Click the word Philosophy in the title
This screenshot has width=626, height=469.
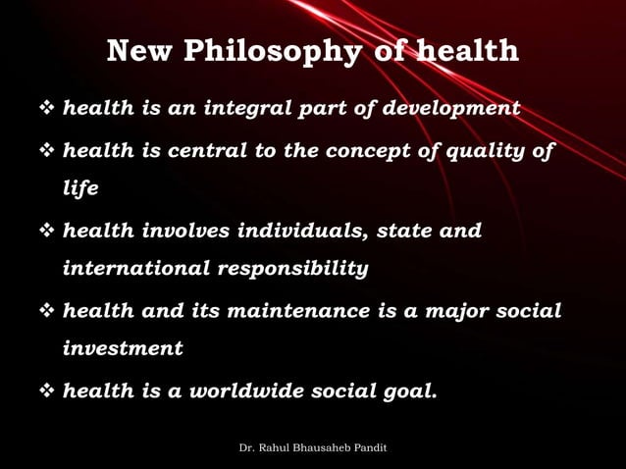[x=271, y=51]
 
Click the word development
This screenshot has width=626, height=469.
[x=451, y=108]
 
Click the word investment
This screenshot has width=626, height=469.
[x=123, y=348]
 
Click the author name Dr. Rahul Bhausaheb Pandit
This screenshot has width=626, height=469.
[x=313, y=447]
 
